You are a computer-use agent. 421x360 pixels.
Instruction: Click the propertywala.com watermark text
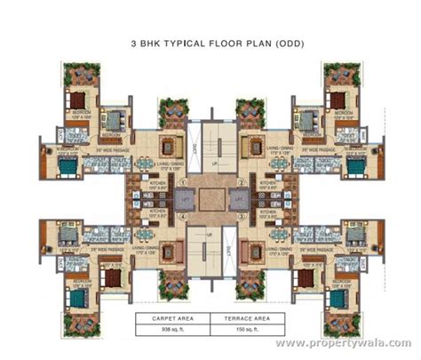pyautogui.click(x=354, y=341)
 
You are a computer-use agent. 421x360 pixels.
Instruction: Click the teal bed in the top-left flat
pyautogui.click(x=113, y=117)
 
